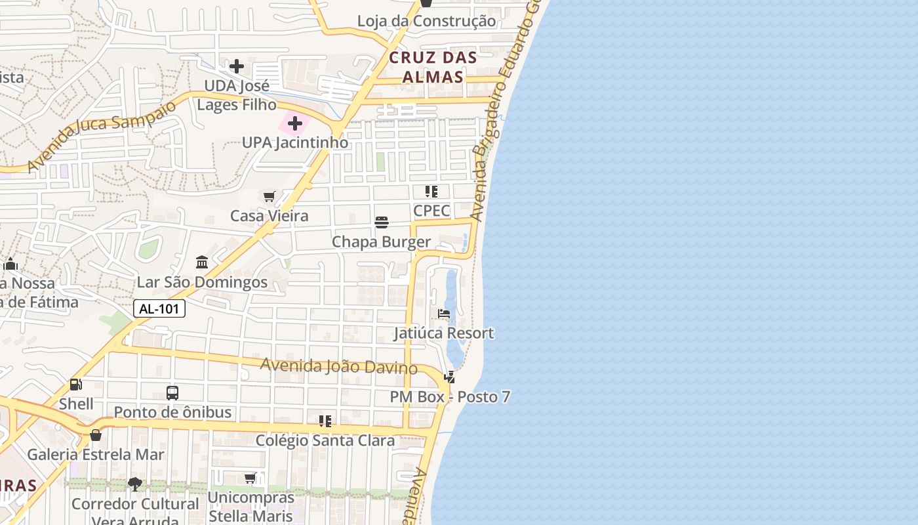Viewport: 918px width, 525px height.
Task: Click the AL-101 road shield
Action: tap(159, 308)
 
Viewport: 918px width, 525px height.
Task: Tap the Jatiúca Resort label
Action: tap(444, 333)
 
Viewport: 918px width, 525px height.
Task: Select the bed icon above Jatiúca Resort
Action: tap(444, 314)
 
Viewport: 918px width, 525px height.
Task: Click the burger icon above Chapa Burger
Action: tap(382, 222)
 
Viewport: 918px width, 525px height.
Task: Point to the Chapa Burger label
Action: tap(381, 242)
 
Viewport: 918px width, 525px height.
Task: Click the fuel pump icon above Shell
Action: tap(76, 385)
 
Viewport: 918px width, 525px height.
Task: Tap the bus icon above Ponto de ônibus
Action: tap(172, 393)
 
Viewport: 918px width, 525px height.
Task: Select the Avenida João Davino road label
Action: tap(339, 366)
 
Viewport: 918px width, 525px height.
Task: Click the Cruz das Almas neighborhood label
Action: tap(433, 67)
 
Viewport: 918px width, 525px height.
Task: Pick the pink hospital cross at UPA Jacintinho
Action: tap(295, 123)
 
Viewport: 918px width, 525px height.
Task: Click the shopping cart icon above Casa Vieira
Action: tap(269, 196)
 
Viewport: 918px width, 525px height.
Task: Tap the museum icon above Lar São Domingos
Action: tap(202, 262)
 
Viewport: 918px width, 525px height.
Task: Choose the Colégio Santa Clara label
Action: tap(325, 440)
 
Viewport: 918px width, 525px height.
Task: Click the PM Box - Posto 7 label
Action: tap(450, 397)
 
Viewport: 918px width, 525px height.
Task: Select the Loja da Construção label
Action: tap(426, 21)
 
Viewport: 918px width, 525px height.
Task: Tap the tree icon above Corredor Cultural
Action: tap(135, 484)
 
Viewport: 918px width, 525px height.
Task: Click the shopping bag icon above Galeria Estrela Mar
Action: tap(96, 435)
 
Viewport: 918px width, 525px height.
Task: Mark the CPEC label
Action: tap(431, 211)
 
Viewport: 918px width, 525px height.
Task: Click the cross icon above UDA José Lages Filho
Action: tap(237, 66)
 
